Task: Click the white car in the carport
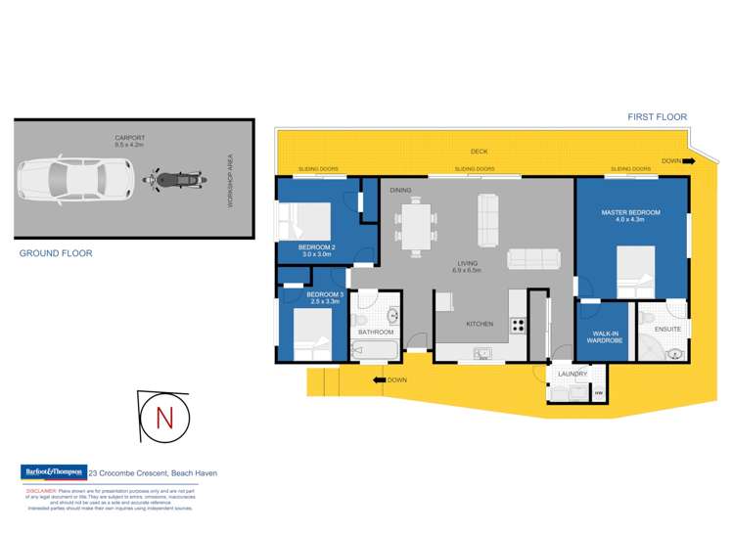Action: click(x=73, y=179)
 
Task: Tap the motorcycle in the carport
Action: click(x=176, y=179)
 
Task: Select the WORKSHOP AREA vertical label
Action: click(x=231, y=179)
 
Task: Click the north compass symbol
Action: click(x=162, y=417)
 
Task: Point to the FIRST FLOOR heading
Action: click(x=657, y=117)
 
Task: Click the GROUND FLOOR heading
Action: click(x=56, y=253)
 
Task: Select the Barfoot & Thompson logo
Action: click(x=53, y=472)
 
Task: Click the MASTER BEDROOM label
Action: click(x=631, y=212)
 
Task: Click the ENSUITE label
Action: click(x=668, y=329)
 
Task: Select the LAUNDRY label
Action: click(x=573, y=374)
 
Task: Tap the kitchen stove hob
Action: click(x=517, y=327)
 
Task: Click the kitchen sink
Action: click(x=482, y=353)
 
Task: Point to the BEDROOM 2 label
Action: click(x=318, y=247)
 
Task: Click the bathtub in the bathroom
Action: click(x=376, y=349)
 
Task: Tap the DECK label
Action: click(x=479, y=152)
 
